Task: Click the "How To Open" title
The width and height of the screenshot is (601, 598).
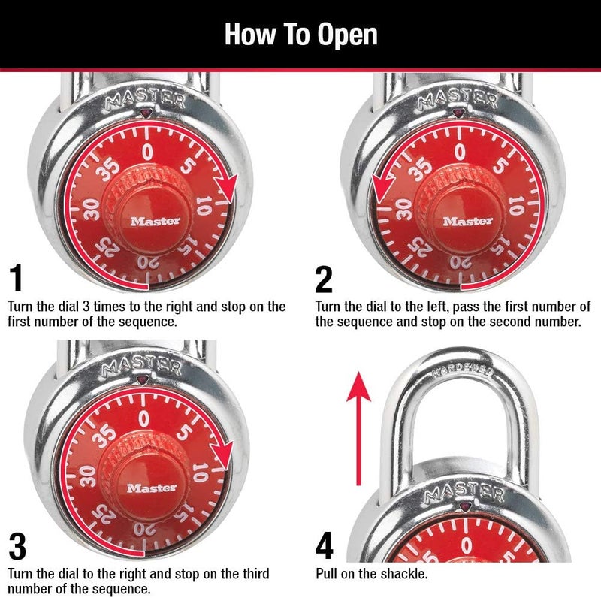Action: coord(300,35)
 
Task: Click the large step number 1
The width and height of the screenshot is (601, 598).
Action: coord(17,279)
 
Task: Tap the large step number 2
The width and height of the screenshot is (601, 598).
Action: coord(324,279)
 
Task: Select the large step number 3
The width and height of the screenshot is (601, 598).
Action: coord(17,547)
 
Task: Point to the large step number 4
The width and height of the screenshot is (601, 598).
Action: coord(324,547)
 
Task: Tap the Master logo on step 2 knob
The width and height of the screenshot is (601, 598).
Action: coord(468,221)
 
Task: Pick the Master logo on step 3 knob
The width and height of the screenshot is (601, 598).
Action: coord(153,488)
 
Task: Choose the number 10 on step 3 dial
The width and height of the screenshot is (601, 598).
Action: coord(200,472)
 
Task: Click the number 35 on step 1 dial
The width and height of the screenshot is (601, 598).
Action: coord(110,167)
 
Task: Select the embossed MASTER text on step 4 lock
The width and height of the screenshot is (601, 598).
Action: coord(464,493)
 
